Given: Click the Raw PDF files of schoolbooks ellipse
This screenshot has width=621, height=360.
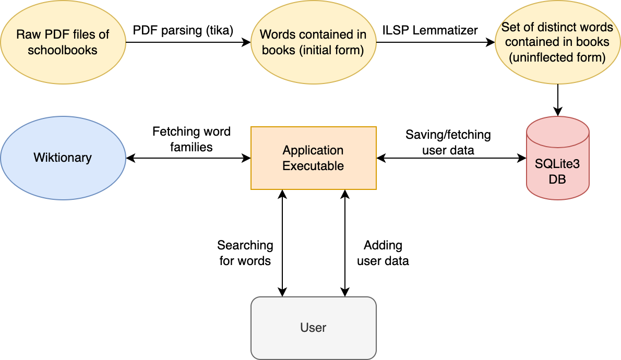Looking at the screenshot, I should coord(63,42).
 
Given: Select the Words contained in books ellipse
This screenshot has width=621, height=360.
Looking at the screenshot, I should coord(313,42).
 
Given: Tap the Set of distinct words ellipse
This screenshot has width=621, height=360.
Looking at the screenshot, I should coord(557,42).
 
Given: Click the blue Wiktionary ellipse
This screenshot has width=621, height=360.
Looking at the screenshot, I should coord(63,158).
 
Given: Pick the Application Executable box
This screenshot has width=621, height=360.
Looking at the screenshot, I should coord(313,158).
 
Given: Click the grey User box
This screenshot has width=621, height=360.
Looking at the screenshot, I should coord(313,328).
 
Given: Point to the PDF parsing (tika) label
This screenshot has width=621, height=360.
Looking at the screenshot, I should coord(183,30).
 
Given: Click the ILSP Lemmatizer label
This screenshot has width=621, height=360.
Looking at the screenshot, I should coord(429,30).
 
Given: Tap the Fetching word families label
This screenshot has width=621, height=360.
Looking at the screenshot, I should coord(191,139).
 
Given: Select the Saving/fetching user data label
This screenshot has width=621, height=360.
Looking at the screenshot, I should coord(448,142).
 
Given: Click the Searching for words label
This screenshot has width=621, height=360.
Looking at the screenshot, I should coord(245,253).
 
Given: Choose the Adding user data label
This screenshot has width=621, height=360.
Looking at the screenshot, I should coord(383,253).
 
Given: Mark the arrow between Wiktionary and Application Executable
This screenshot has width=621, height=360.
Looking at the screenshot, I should coord(188,158).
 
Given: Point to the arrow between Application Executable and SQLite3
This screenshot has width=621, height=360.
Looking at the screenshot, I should coord(451,158).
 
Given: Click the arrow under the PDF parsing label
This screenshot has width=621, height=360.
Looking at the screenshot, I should coord(188,43).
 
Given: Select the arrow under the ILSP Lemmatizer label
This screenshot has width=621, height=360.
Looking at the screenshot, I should coord(435,43).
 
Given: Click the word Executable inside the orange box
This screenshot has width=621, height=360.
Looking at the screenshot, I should coord(313,166).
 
